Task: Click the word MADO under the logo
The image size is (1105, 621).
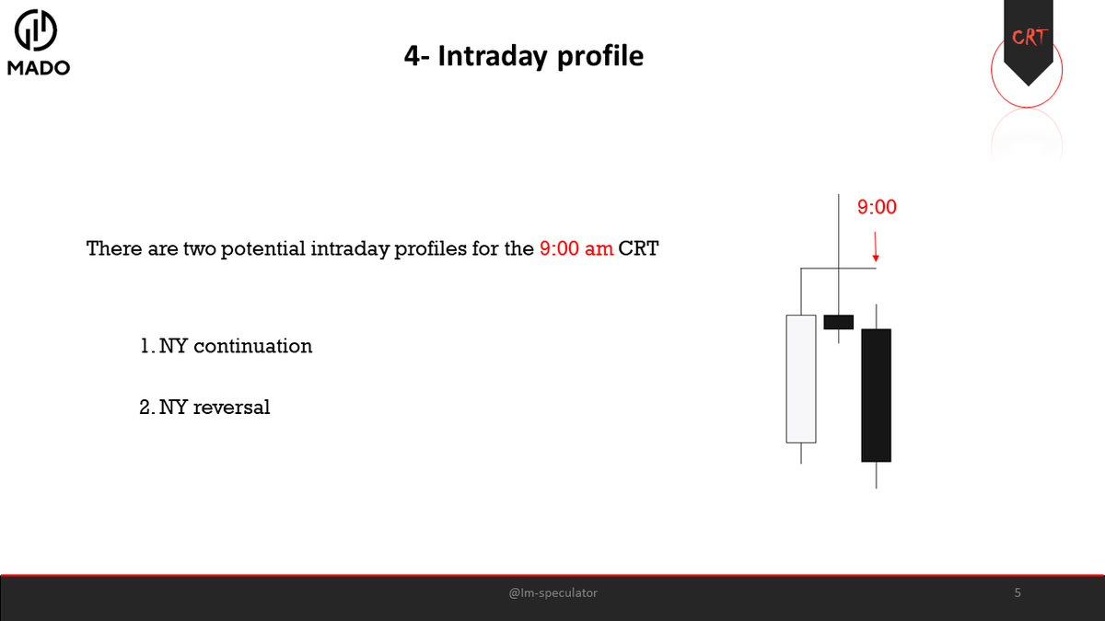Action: point(38,68)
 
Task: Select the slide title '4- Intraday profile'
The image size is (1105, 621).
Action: point(523,56)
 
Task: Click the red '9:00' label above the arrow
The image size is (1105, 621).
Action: point(877,207)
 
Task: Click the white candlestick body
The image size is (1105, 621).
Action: point(801,378)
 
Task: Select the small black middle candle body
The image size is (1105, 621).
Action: point(838,321)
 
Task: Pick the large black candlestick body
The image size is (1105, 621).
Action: point(876,395)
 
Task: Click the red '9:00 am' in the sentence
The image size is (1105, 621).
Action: point(576,248)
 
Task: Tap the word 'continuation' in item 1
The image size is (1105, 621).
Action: point(253,346)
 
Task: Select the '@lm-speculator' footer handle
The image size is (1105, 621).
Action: point(552,593)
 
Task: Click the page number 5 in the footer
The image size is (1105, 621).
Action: point(1018,593)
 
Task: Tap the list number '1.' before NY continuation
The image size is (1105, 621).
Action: point(146,346)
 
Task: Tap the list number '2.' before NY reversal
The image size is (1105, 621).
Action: point(146,408)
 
